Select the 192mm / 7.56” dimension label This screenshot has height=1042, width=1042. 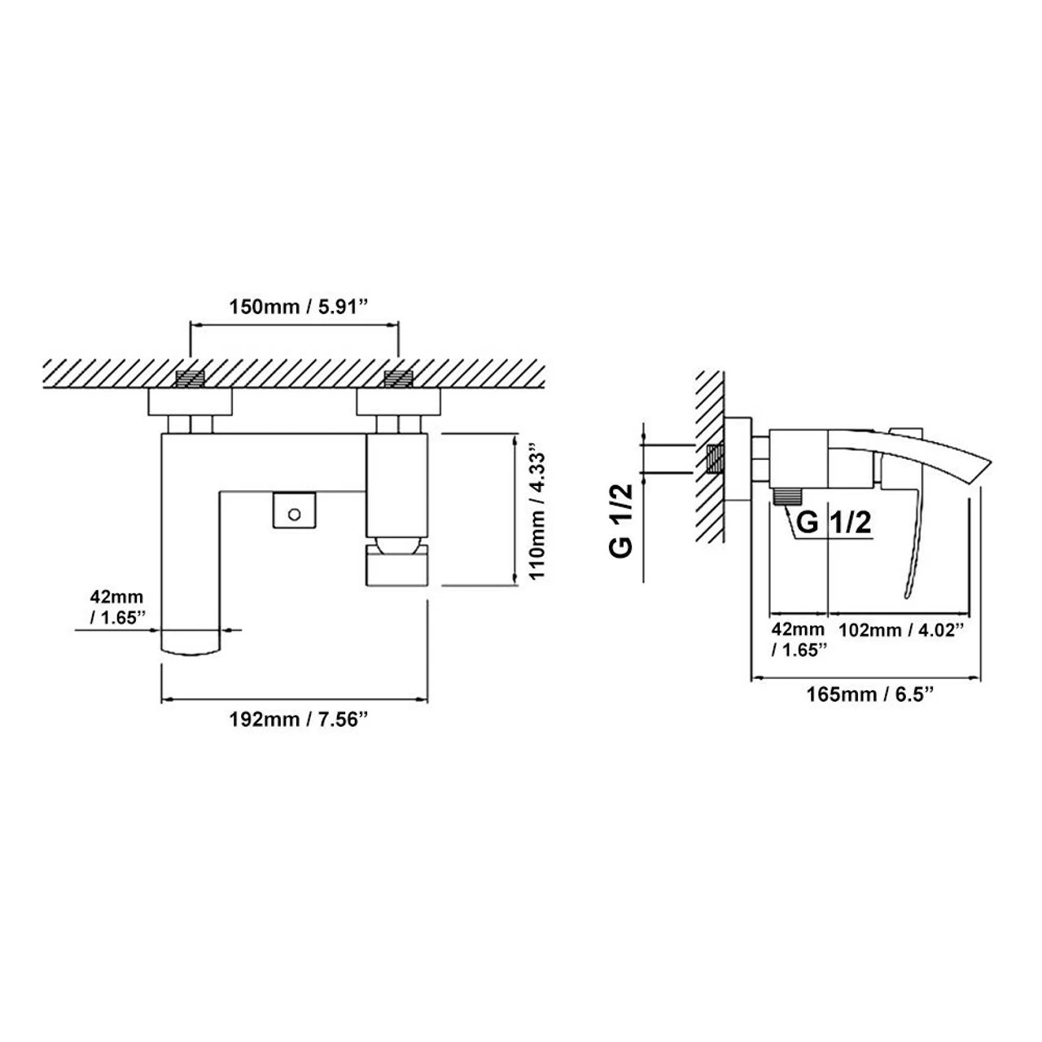click(x=296, y=720)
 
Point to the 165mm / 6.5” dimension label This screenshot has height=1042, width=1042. click(x=869, y=694)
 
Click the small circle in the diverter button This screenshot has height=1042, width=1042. click(x=294, y=513)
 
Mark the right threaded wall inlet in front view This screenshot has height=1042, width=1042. click(x=398, y=379)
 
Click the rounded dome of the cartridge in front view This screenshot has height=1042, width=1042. click(x=398, y=543)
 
